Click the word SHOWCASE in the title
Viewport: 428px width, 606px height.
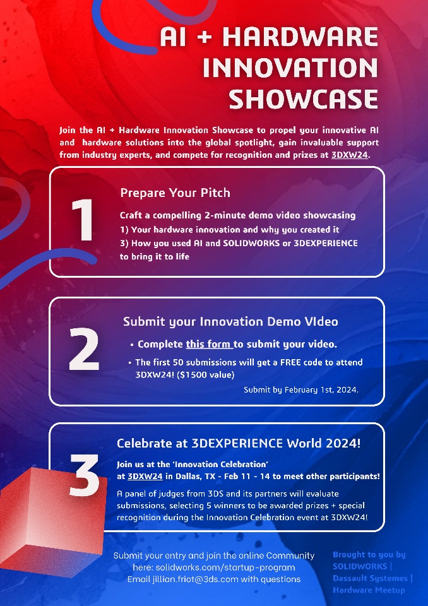click(x=303, y=99)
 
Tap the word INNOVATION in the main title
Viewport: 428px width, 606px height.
click(x=290, y=68)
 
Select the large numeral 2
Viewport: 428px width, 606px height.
click(x=84, y=349)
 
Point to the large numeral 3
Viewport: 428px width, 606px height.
click(x=85, y=475)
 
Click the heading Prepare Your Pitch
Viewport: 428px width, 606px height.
click(x=175, y=193)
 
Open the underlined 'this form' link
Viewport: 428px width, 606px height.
click(x=209, y=344)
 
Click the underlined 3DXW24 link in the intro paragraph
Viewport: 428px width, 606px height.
click(x=350, y=155)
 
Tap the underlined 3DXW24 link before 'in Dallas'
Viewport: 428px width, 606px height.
click(x=145, y=476)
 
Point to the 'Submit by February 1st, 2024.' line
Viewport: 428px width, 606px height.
click(x=301, y=389)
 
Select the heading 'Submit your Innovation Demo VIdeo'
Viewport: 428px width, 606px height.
click(x=230, y=321)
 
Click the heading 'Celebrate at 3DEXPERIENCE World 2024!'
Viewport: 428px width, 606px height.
click(x=239, y=443)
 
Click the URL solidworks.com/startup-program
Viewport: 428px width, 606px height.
click(x=225, y=567)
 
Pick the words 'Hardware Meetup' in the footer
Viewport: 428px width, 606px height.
click(x=369, y=590)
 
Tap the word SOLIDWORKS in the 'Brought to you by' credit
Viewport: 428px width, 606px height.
click(x=360, y=566)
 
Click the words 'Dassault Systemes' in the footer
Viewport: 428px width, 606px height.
click(x=370, y=578)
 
